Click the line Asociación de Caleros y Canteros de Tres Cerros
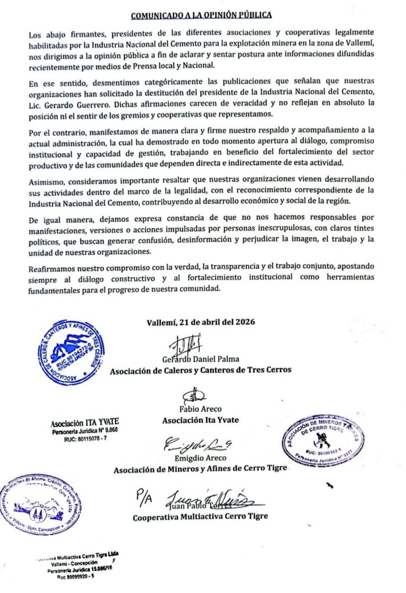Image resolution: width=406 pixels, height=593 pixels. [x=201, y=370]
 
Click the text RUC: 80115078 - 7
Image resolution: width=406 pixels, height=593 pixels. [x=85, y=440]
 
